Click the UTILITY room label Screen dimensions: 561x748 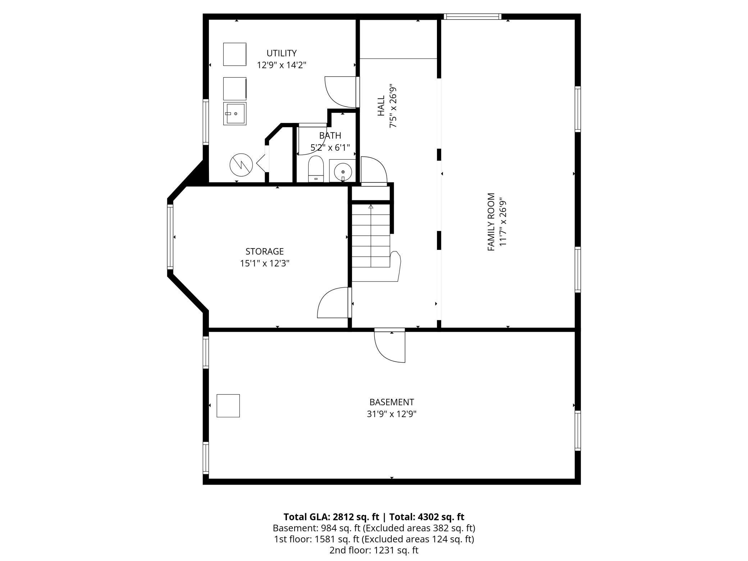(x=281, y=53)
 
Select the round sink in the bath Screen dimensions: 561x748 (x=343, y=172)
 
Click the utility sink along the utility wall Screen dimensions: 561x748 (x=235, y=114)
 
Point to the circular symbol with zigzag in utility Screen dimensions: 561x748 (x=241, y=165)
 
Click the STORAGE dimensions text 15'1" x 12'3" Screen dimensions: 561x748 (x=265, y=264)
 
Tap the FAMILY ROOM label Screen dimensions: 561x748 (x=491, y=222)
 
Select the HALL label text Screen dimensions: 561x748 (x=381, y=106)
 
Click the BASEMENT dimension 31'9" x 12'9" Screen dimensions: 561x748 (x=392, y=414)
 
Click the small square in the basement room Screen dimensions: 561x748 (x=228, y=406)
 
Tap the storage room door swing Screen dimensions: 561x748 (x=333, y=303)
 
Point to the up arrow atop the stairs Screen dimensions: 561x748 (x=371, y=207)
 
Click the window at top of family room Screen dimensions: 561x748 (x=472, y=17)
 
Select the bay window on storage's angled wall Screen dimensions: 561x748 (x=170, y=237)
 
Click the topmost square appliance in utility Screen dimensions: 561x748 (x=235, y=54)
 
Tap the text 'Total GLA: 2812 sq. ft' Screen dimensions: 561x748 (x=331, y=517)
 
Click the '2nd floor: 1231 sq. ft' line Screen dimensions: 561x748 (x=374, y=550)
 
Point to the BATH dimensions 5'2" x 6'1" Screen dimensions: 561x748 (x=330, y=147)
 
